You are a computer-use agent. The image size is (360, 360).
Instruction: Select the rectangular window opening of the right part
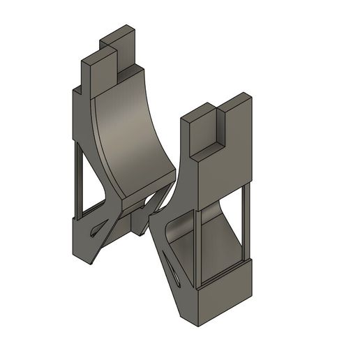point(220,237)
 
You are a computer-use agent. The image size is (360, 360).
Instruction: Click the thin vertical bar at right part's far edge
point(244,223)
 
